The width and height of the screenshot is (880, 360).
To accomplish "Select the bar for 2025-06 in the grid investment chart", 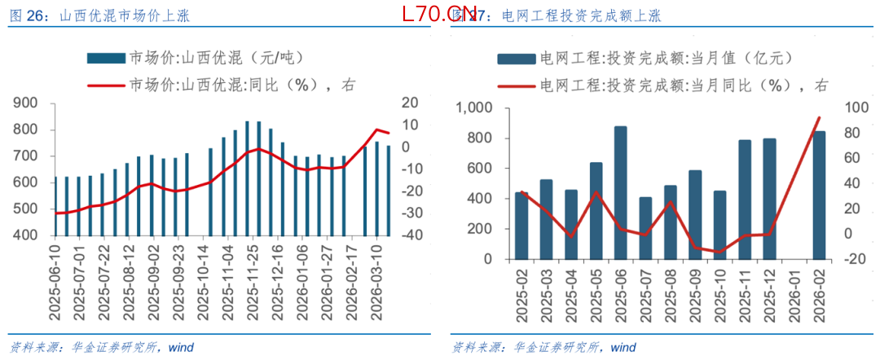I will tap(621, 192).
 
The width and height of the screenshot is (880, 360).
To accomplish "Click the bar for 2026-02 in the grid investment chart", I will tap(819, 195).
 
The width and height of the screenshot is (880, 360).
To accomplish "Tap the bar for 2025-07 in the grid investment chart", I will tap(645, 228).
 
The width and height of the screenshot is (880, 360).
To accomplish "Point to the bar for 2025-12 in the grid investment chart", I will tap(769, 199).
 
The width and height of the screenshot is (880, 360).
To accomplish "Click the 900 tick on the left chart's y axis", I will tap(25, 103).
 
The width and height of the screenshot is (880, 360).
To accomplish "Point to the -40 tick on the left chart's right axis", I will tap(409, 235).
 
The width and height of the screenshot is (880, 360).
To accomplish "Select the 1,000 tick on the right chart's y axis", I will tap(474, 109).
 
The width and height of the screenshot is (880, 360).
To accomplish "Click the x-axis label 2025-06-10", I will tap(56, 277).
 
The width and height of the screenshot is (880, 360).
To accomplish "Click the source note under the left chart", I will tap(101, 347).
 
